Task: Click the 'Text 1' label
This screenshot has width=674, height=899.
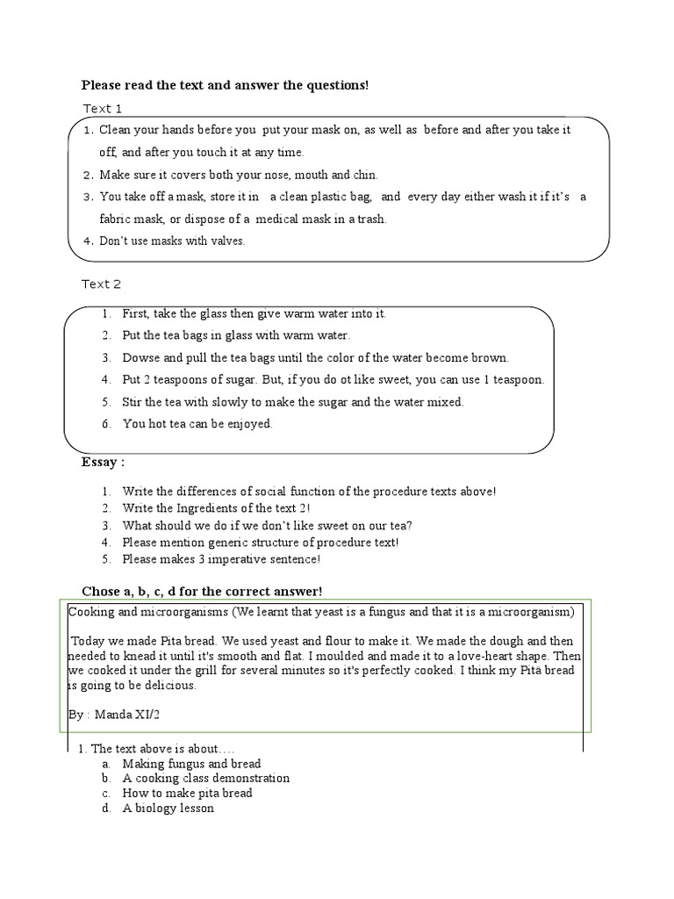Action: [102, 108]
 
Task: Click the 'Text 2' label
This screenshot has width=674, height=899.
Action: [102, 284]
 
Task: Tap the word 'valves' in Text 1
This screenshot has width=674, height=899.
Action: [227, 241]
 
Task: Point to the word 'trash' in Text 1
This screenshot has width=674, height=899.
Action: [369, 219]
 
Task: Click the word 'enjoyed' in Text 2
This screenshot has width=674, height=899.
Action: [252, 424]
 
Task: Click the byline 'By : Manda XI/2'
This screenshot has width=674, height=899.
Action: [114, 716]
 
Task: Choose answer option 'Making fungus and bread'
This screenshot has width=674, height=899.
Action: [191, 764]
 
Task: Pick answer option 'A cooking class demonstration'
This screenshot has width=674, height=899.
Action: [205, 778]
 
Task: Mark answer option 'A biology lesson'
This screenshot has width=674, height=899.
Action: [168, 808]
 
